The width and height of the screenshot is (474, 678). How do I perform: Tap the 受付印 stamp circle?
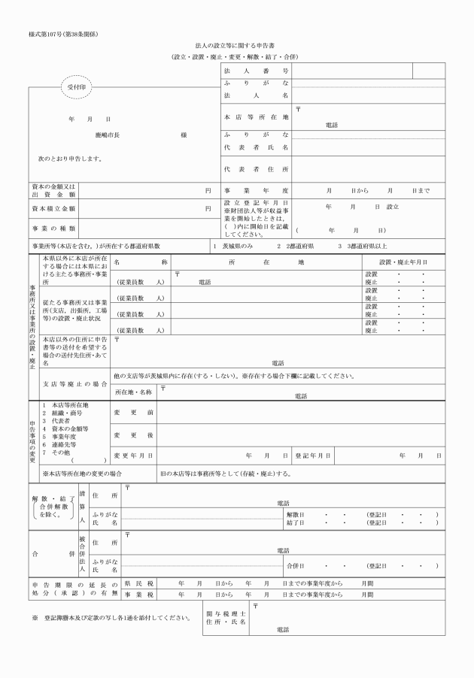tap(77, 87)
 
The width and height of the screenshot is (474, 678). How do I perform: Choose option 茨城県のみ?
tap(240, 246)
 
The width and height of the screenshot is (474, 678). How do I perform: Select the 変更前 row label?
tap(133, 413)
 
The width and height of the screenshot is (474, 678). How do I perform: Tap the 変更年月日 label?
tap(133, 456)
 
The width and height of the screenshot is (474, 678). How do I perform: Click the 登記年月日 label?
tap(309, 456)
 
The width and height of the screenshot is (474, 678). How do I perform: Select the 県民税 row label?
tap(138, 583)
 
